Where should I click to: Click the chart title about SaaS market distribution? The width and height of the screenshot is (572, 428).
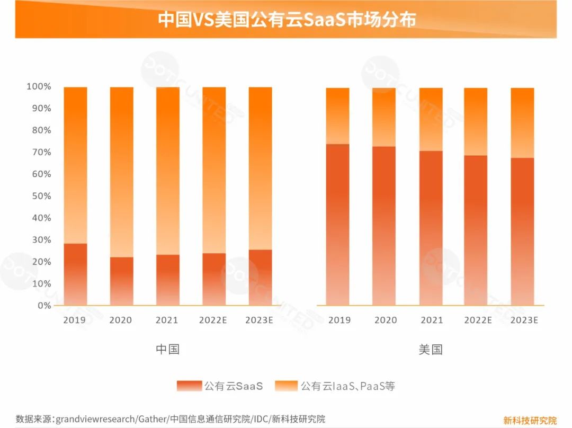pos(287,20)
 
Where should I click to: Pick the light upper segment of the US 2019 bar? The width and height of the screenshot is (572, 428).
pos(337,115)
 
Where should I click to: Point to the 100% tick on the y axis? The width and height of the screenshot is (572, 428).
pos(39,86)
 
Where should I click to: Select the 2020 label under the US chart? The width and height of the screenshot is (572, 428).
pos(385,320)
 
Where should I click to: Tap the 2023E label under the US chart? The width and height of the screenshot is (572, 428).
pos(524,320)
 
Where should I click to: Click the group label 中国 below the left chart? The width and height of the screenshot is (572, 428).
pos(167,350)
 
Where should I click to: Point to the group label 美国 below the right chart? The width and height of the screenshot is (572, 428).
pos(430,350)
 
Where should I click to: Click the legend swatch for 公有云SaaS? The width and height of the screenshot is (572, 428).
pos(189,386)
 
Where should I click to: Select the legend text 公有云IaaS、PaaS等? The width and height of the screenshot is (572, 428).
pos(348,386)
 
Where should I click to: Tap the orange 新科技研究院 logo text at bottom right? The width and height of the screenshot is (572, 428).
pos(530,421)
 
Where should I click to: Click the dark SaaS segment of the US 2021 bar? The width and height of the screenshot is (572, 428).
pos(431,228)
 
